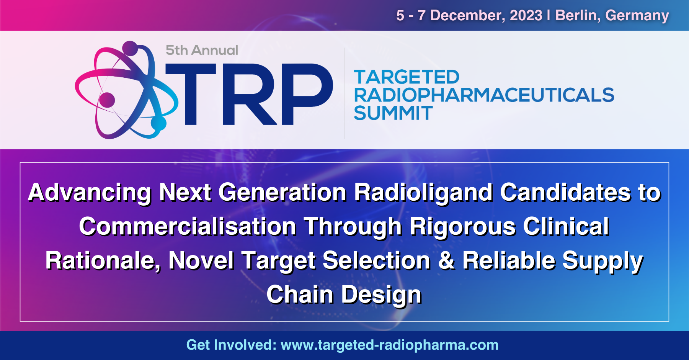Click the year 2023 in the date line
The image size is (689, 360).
tap(526, 15)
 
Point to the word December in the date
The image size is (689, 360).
tap(467, 16)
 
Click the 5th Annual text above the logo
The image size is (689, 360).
tap(202, 50)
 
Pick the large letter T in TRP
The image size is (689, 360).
tap(190, 94)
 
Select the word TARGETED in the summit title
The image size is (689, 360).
tap(407, 77)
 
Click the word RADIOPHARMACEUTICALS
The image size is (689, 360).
tap(484, 95)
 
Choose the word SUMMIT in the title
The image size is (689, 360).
tap(393, 113)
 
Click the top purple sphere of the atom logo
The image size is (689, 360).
tap(130, 48)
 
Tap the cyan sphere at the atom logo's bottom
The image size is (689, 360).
tap(159, 123)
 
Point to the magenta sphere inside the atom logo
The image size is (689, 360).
tap(107, 100)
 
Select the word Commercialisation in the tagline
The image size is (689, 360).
tap(188, 226)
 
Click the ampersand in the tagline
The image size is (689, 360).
tap(446, 260)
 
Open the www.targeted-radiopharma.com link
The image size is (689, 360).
tap(390, 345)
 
